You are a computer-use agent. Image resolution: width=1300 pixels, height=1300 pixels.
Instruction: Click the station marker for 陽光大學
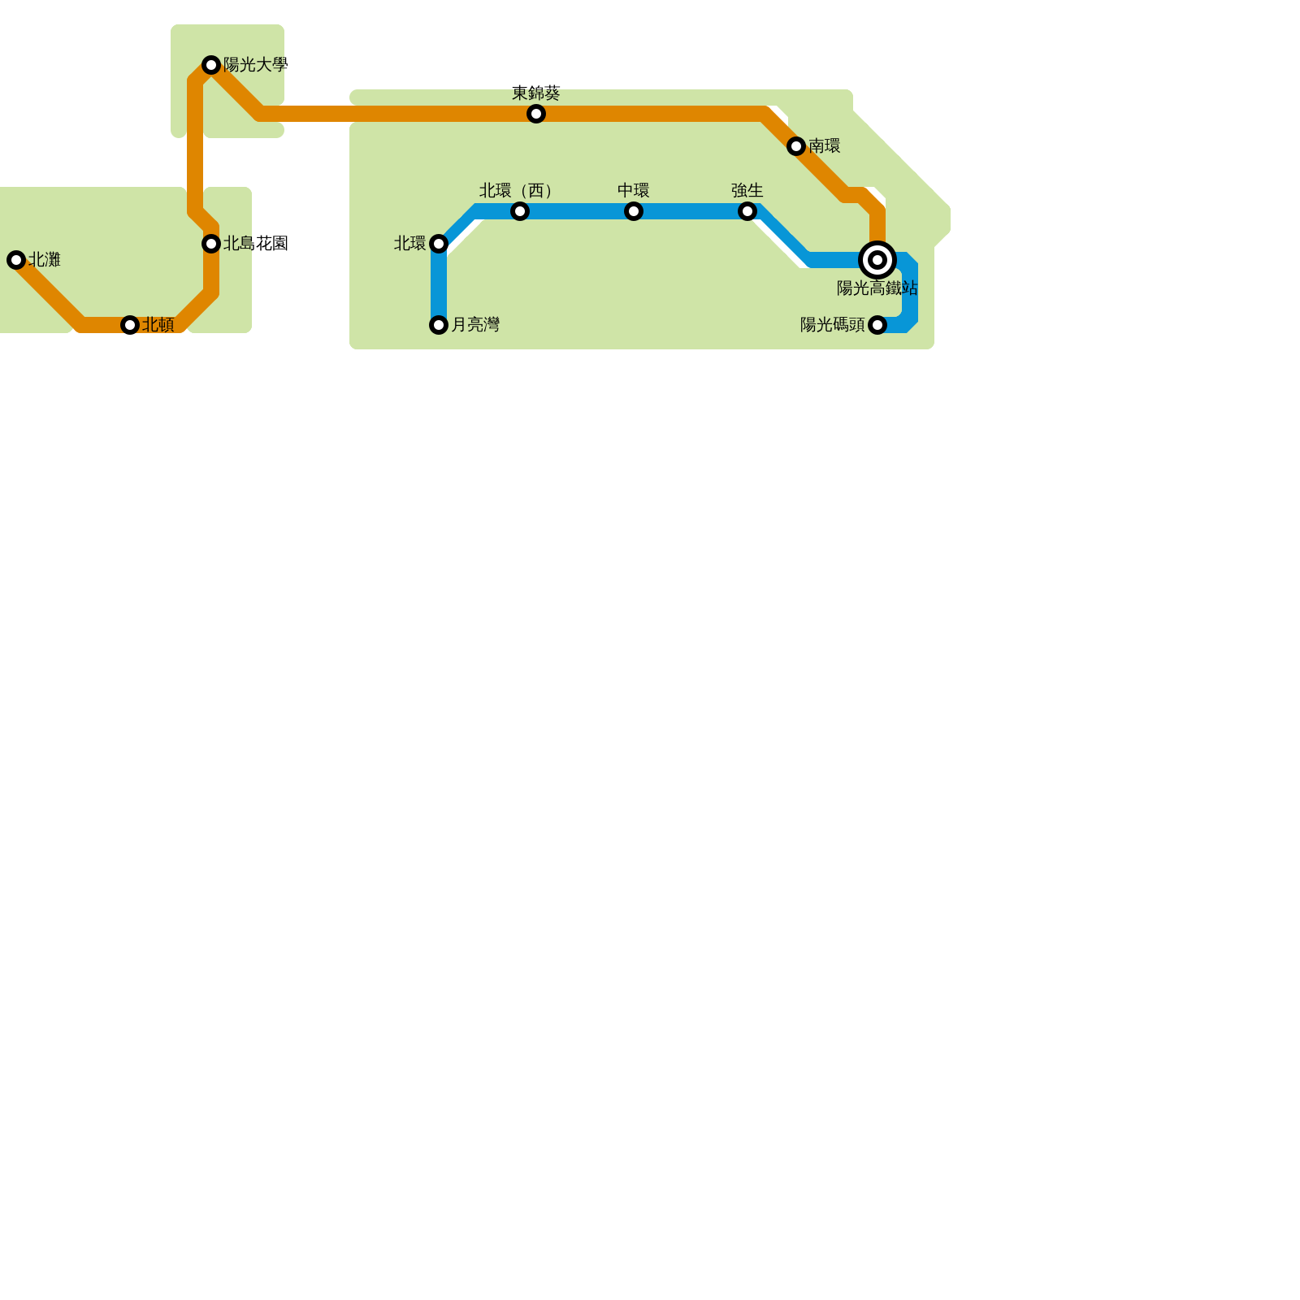click(211, 65)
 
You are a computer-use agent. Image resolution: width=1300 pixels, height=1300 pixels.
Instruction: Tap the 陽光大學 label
click(255, 65)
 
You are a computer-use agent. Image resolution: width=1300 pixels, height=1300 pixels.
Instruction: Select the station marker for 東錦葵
click(536, 114)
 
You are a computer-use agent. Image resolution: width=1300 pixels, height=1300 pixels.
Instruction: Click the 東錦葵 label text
click(536, 93)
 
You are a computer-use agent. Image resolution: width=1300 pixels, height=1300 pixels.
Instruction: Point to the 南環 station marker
click(796, 146)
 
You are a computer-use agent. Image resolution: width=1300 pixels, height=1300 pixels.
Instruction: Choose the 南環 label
click(825, 146)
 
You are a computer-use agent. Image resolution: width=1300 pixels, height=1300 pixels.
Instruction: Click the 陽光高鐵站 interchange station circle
click(877, 260)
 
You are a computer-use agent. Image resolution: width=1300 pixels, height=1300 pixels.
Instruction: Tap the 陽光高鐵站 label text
click(877, 288)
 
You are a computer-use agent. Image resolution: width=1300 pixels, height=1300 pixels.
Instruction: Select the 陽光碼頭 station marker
click(877, 325)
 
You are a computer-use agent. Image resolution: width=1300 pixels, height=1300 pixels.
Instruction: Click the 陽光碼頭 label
click(833, 325)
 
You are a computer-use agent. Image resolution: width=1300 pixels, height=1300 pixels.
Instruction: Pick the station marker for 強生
click(747, 211)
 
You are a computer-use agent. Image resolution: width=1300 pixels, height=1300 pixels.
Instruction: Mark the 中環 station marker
click(634, 211)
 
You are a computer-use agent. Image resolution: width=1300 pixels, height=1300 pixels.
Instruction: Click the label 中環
click(634, 191)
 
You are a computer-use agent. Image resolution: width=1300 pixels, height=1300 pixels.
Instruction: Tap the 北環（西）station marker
click(520, 211)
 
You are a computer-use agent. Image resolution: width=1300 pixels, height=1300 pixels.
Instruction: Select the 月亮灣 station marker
click(439, 325)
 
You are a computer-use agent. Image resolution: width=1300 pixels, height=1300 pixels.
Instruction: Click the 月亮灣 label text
click(475, 325)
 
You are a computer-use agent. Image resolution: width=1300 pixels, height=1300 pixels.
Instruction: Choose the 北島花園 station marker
click(211, 244)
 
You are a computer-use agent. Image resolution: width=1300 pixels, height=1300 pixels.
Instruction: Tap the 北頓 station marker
click(130, 325)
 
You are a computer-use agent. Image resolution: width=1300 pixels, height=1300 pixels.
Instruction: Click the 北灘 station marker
click(16, 260)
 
